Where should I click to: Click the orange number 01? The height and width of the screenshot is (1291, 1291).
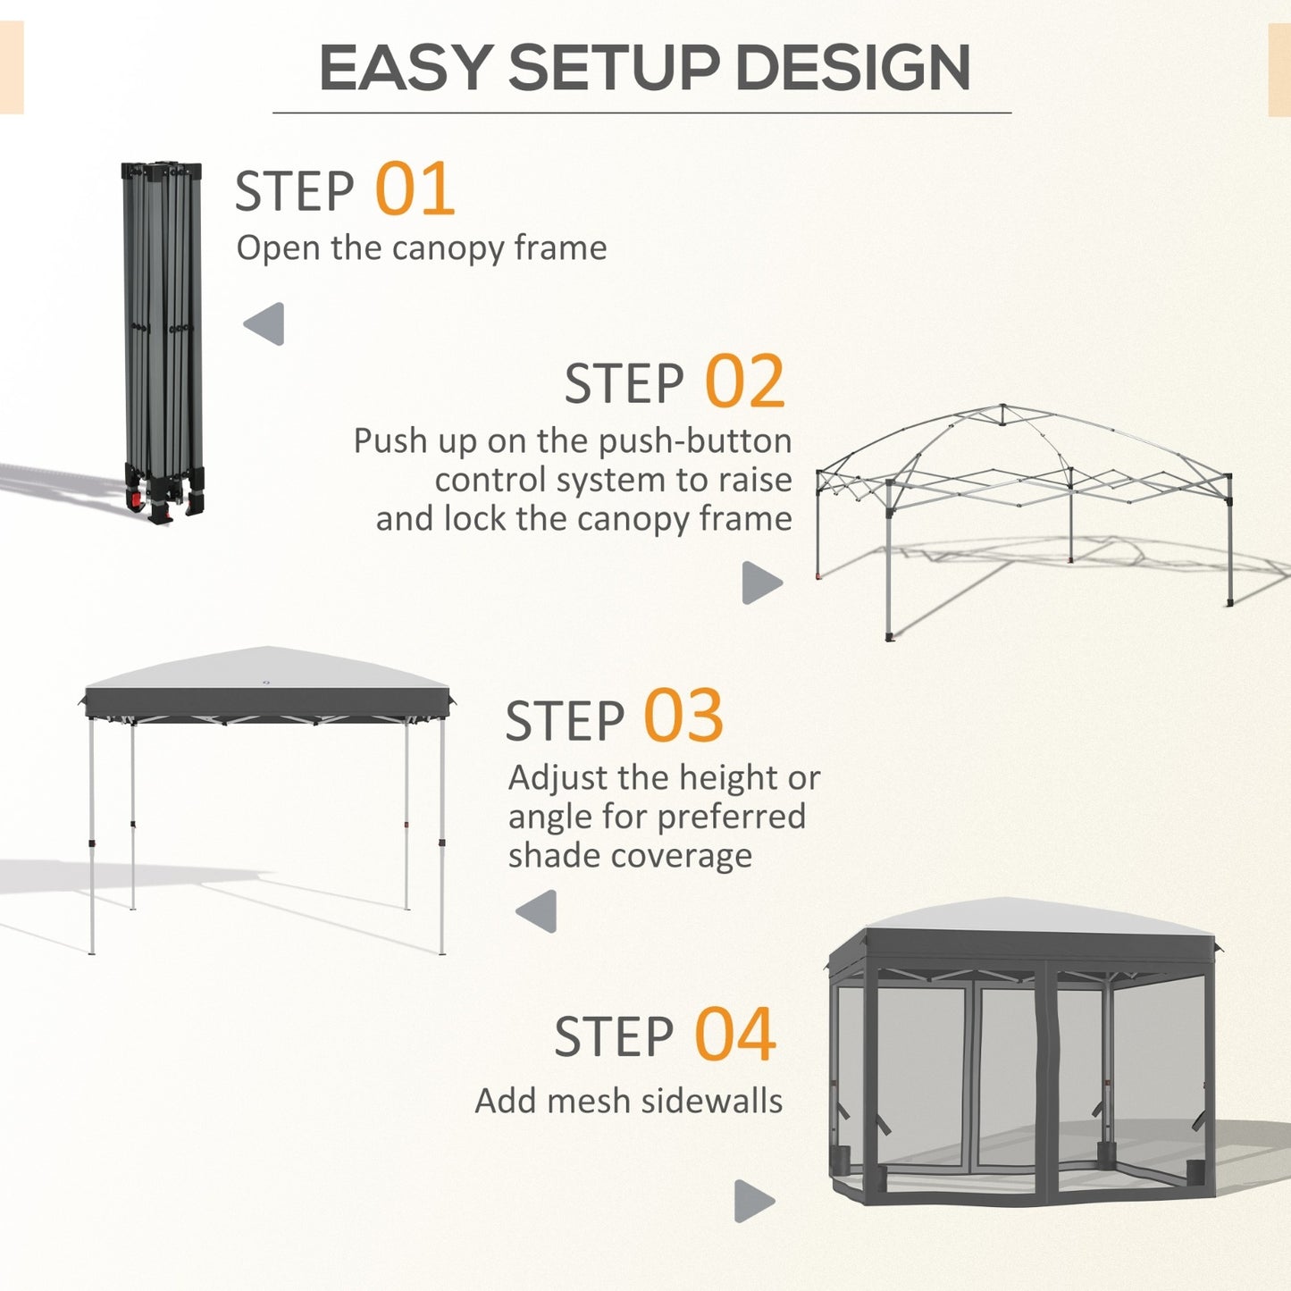(x=415, y=189)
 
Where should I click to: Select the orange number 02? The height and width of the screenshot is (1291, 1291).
(x=744, y=382)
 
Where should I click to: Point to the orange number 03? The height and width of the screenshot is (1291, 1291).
(x=683, y=717)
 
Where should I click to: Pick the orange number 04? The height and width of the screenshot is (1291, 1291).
(x=734, y=1035)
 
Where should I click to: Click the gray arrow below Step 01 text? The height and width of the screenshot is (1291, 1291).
(x=264, y=323)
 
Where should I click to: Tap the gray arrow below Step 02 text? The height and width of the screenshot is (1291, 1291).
(x=761, y=583)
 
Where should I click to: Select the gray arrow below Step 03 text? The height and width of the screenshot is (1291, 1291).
(x=537, y=911)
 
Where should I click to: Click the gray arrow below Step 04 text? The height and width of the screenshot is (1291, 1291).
(x=753, y=1201)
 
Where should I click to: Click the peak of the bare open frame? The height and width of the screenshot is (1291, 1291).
(x=1002, y=409)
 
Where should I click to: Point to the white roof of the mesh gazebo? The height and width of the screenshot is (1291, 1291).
(x=1027, y=920)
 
